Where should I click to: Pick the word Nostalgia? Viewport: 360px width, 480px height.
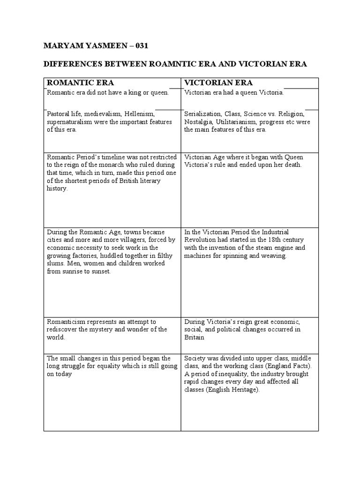pos(198,122)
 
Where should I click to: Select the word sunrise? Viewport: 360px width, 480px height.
pos(77,272)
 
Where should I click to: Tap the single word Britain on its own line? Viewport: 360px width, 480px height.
pos(194,337)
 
